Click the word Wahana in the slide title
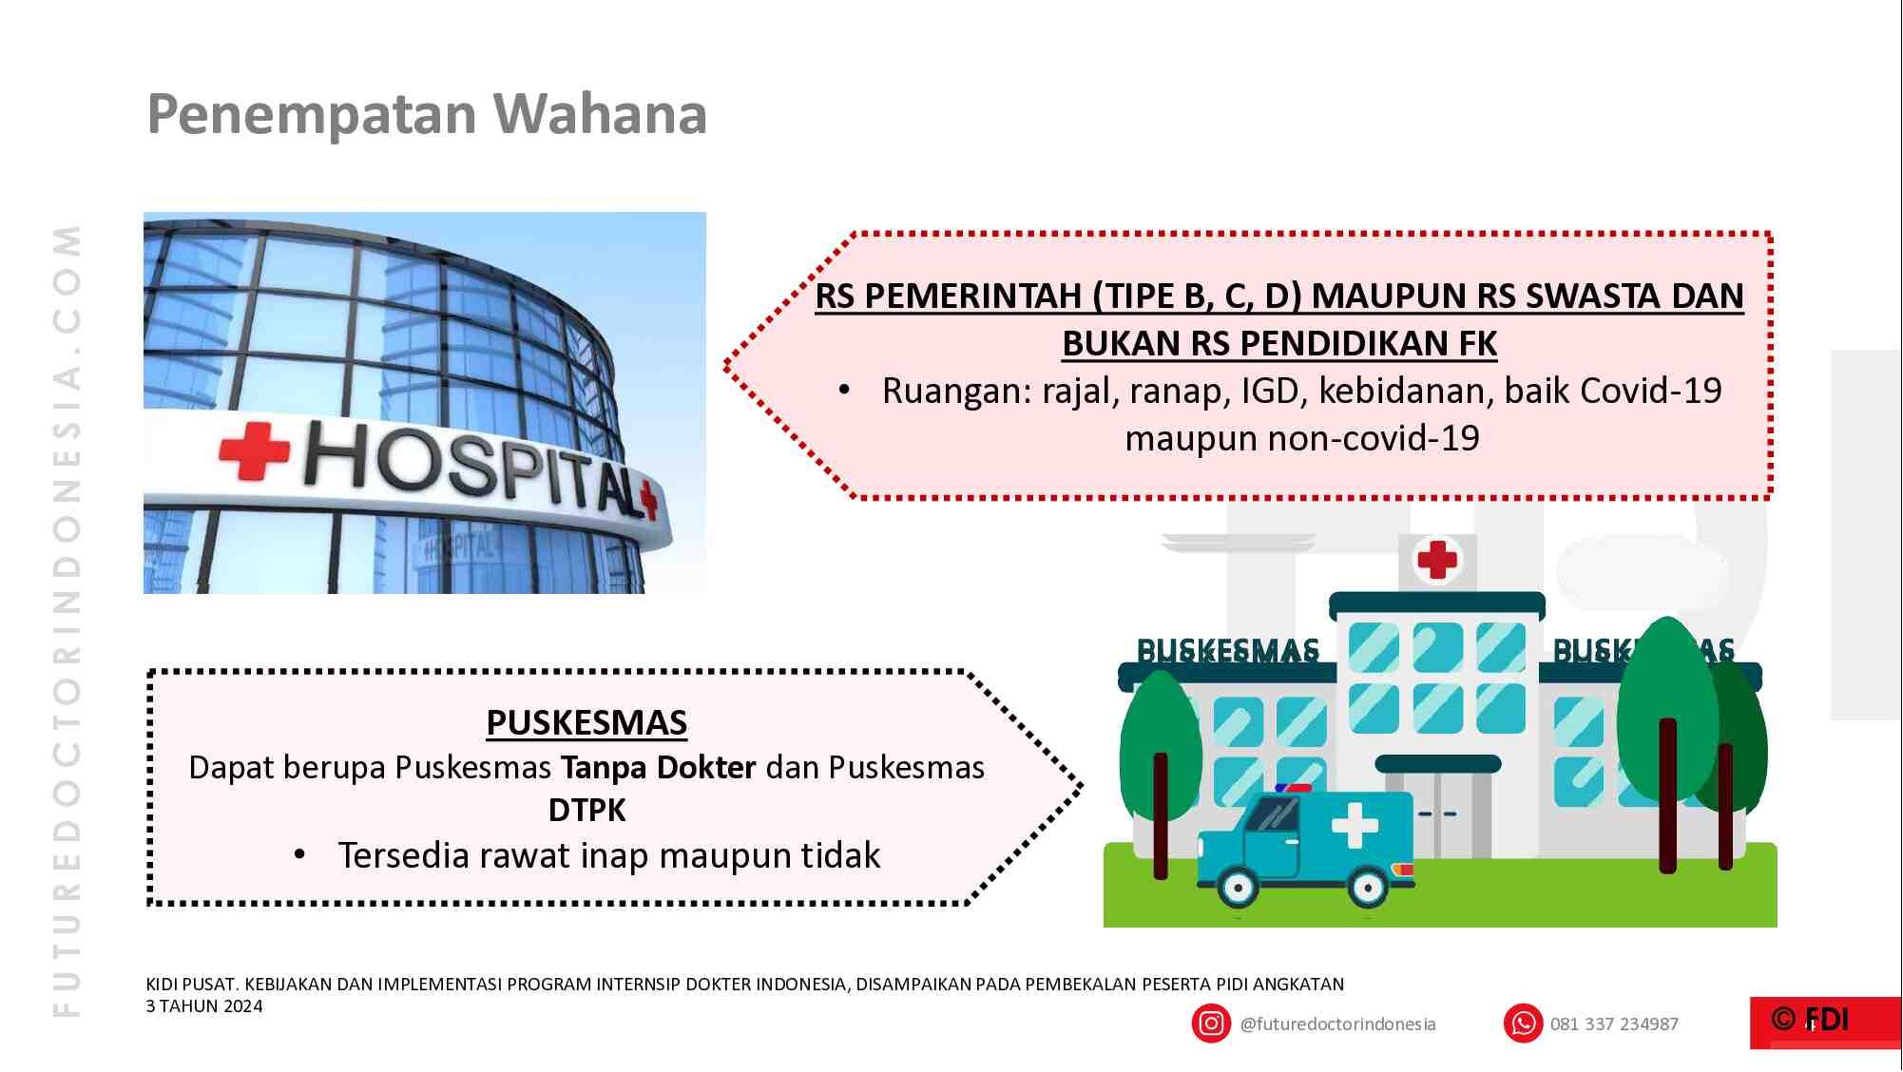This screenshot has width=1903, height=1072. pos(599,114)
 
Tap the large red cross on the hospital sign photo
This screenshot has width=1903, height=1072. pos(254,450)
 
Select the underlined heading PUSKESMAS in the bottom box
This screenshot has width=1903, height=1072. pos(586,722)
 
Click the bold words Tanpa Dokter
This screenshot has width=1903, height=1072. pos(658,767)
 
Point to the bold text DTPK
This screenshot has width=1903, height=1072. pos(586,811)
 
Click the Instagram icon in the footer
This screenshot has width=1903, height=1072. pos(1210,1024)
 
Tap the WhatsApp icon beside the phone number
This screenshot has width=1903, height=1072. pos(1523,1024)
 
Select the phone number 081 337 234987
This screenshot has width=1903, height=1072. pos(1613,1024)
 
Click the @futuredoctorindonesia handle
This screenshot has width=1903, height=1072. pos(1337,1024)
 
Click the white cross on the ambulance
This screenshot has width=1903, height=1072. pos(1355,825)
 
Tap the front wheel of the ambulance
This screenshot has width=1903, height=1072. pos(1238,888)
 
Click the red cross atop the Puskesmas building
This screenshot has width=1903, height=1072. pos(1437,559)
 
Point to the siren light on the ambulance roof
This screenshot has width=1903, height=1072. pos(1293,788)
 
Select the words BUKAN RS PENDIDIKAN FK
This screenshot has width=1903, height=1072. pos(1278,343)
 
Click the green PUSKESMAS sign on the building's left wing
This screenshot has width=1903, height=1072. pos(1227,651)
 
